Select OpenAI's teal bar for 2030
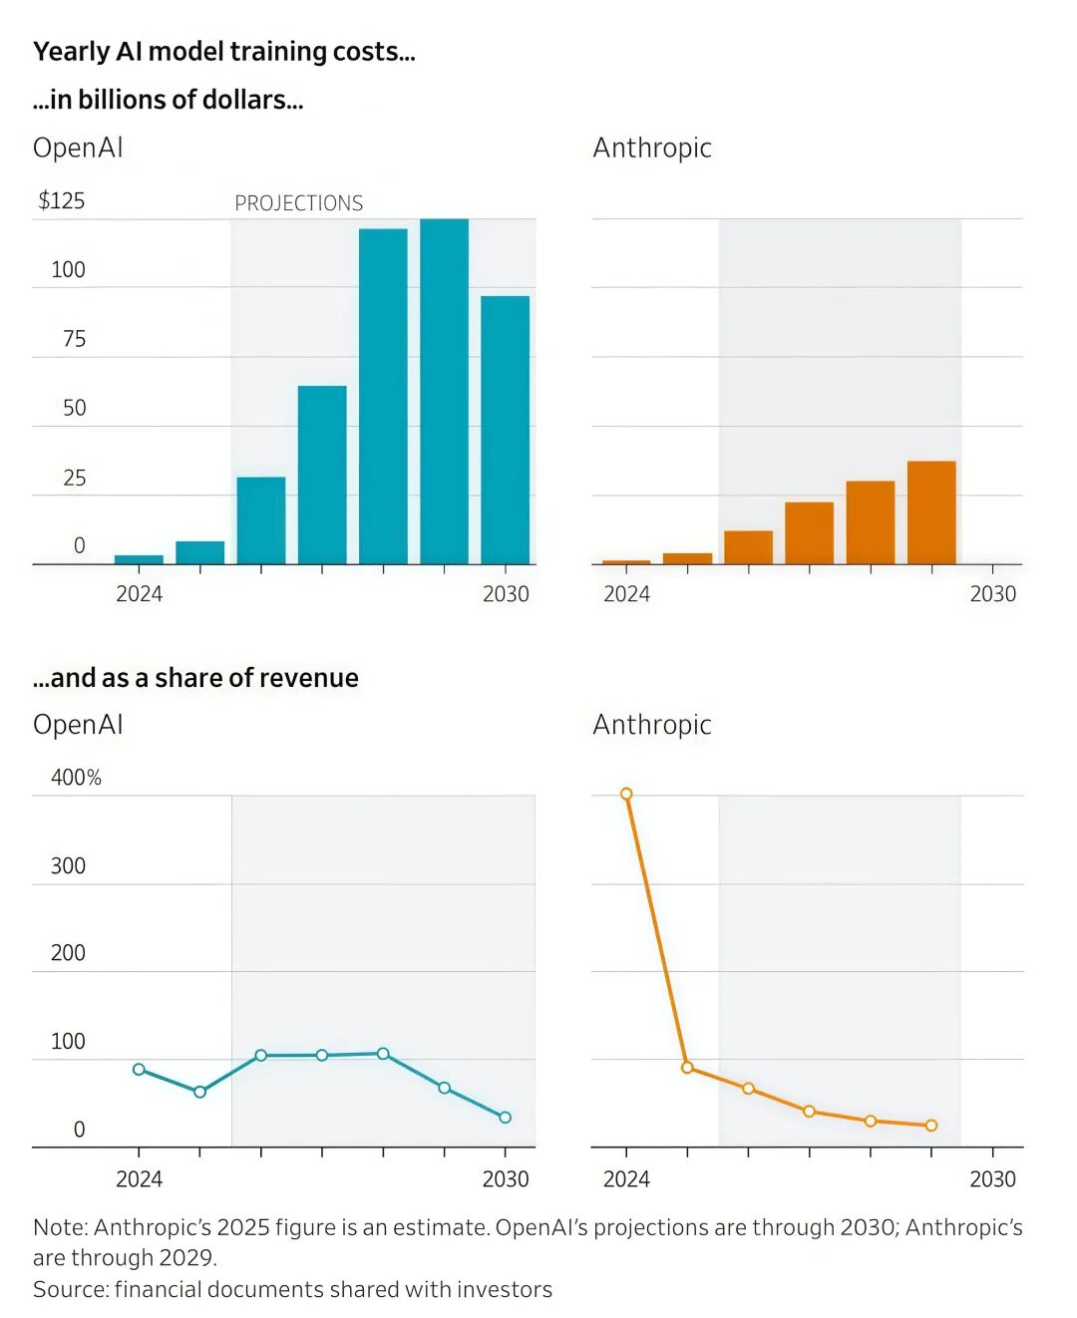[x=505, y=430]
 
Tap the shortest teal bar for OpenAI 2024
[x=139, y=559]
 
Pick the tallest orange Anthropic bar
[x=931, y=512]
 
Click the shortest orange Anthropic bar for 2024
[x=626, y=562]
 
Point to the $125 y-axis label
[x=62, y=201]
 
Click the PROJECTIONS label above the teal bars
[x=298, y=203]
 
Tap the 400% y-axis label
[x=76, y=778]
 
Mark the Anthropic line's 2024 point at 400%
[x=626, y=795]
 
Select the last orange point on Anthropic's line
[x=931, y=1126]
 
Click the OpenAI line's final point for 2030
[x=505, y=1118]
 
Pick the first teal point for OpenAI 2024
[x=139, y=1069]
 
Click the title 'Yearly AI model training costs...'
[x=224, y=52]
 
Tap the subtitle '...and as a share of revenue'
[x=195, y=678]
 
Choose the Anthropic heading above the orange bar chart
[x=652, y=148]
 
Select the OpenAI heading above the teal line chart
[x=78, y=725]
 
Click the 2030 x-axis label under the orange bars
[x=993, y=594]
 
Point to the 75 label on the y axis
[x=74, y=339]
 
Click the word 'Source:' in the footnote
[x=70, y=1290]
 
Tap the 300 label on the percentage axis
[x=68, y=865]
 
